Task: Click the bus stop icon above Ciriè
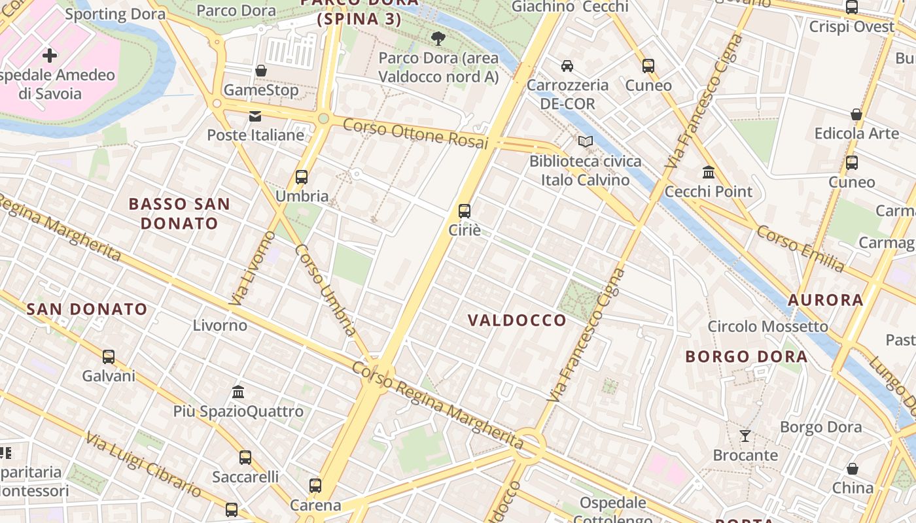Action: click(x=464, y=211)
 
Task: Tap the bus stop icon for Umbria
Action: click(x=301, y=177)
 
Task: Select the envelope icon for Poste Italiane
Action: click(x=255, y=116)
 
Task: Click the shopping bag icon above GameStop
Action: click(x=260, y=70)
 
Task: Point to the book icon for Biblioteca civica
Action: click(x=585, y=141)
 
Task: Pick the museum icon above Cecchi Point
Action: click(x=708, y=173)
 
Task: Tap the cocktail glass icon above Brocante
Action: click(x=745, y=435)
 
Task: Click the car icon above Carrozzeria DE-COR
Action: click(x=567, y=65)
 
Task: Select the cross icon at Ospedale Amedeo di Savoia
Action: click(x=50, y=56)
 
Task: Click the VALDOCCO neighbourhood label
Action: click(x=517, y=320)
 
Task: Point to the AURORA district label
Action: click(x=825, y=300)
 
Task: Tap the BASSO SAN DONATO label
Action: click(x=179, y=213)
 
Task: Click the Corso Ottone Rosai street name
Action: click(x=415, y=133)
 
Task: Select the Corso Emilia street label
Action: click(x=800, y=248)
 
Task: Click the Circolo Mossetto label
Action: click(x=767, y=326)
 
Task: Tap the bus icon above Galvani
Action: click(x=108, y=357)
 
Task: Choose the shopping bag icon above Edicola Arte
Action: click(x=856, y=114)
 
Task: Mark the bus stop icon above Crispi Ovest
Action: click(x=851, y=7)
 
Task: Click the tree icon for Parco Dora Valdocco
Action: click(x=438, y=39)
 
